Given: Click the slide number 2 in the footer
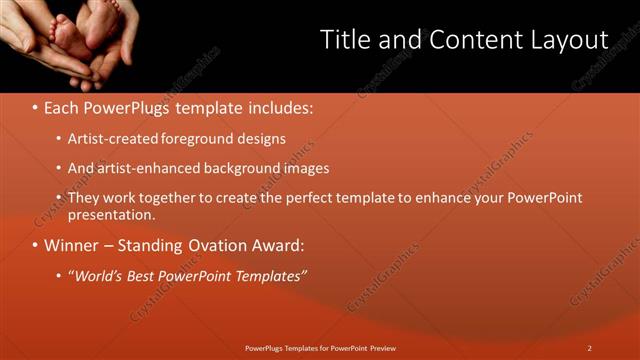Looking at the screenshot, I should point(590,348).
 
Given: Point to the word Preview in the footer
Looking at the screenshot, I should point(379,348).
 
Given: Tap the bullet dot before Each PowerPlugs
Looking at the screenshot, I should point(35,106).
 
